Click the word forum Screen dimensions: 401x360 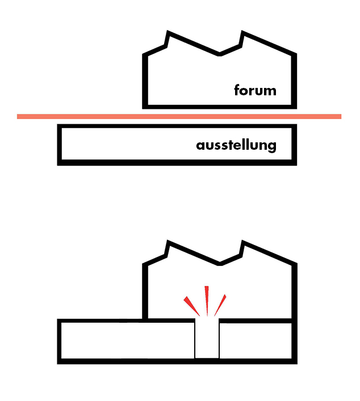[x=255, y=90]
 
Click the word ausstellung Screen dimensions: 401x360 [x=236, y=146]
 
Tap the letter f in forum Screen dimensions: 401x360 [x=237, y=90]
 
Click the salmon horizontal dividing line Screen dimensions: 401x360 [x=179, y=116]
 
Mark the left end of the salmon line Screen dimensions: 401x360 [x=19, y=116]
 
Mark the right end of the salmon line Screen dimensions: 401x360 [x=340, y=116]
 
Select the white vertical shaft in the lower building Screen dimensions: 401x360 [x=207, y=340]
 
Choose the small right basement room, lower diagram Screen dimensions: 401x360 [x=256, y=340]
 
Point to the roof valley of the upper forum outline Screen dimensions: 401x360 [x=220, y=54]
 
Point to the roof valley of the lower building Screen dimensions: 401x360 [x=220, y=263]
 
